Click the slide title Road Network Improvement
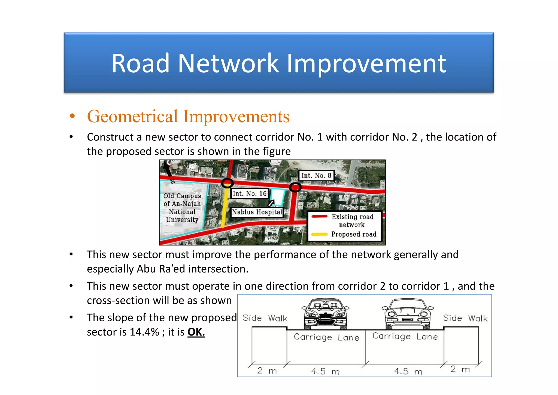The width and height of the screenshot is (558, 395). click(x=278, y=63)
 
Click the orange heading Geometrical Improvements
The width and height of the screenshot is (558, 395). click(x=188, y=116)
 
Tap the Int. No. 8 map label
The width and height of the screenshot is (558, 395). click(x=316, y=175)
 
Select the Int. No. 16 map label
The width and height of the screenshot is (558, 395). click(x=249, y=194)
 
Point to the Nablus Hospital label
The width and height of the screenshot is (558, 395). click(x=257, y=212)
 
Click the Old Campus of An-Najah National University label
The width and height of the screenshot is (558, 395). click(x=182, y=208)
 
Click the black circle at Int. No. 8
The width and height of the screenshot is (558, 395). click(x=295, y=187)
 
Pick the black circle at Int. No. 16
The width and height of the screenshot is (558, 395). click(x=227, y=183)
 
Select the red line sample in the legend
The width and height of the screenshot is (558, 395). click(x=319, y=217)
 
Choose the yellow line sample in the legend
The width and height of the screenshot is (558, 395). click(x=319, y=234)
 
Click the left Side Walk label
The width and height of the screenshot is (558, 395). click(x=265, y=318)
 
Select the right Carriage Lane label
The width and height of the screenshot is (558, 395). click(x=405, y=336)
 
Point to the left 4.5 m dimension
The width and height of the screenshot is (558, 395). click(x=325, y=371)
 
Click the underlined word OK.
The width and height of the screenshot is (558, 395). click(x=196, y=332)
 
